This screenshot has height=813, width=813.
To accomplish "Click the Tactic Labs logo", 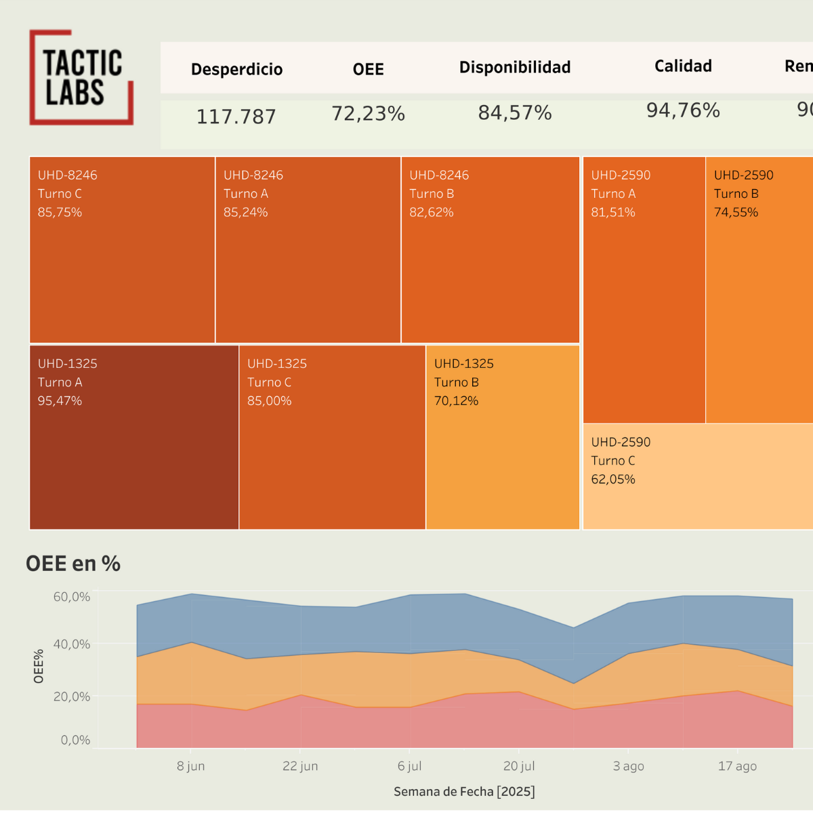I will click(x=81, y=77).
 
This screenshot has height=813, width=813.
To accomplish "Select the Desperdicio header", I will click(x=236, y=69).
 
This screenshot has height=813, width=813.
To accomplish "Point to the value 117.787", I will click(x=236, y=117).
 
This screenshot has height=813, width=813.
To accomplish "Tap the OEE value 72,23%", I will click(x=368, y=114).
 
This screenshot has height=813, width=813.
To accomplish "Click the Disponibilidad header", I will click(x=515, y=67).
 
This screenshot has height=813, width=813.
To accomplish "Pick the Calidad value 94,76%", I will click(x=683, y=110).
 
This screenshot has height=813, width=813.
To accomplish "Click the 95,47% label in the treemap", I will click(x=60, y=401).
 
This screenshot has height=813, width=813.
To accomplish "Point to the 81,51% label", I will click(x=613, y=213).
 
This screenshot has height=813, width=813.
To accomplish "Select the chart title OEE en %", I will click(x=73, y=564).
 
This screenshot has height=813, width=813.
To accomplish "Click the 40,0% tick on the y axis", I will click(x=72, y=644).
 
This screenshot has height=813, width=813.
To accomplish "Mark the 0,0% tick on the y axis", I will click(x=75, y=740).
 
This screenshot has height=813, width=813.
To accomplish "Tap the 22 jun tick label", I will click(x=300, y=766).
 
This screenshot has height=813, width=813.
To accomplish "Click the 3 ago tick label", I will click(x=629, y=766).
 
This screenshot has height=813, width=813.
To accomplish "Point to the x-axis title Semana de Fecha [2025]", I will click(x=464, y=791).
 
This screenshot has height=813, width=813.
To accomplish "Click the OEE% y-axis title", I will click(x=39, y=666).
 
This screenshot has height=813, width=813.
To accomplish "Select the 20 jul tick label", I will click(x=519, y=766).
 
